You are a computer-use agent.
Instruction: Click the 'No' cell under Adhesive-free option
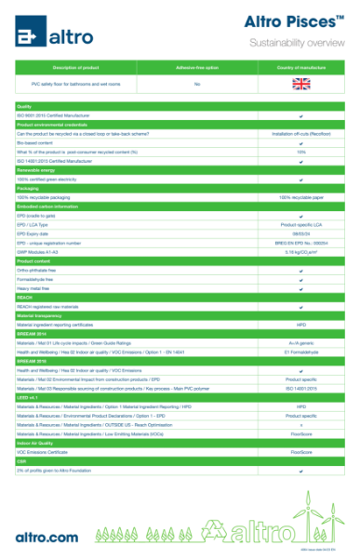(197, 84)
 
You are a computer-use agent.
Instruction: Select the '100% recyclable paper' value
(301, 197)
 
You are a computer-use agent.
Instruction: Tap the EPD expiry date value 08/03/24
(301, 233)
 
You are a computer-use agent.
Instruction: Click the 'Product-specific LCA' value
(301, 225)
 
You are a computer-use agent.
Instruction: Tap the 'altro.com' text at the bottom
(47, 536)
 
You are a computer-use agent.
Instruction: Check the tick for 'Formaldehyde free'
(301, 279)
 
